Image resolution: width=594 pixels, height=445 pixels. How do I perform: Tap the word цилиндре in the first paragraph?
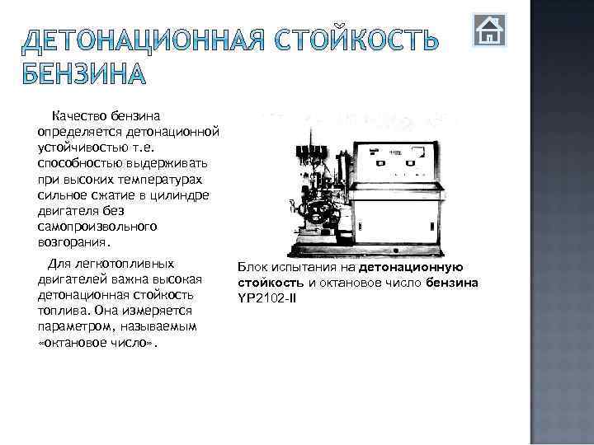[181, 192]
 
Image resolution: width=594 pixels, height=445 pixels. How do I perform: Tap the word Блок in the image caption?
[250, 268]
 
